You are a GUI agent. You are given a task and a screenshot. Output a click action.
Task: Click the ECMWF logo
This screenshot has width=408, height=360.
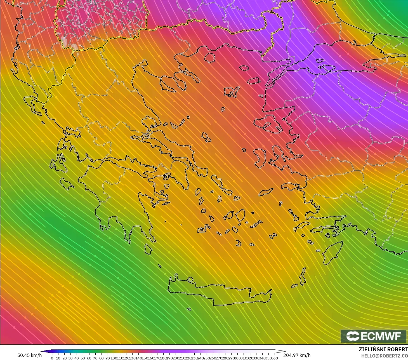click(x=374, y=336)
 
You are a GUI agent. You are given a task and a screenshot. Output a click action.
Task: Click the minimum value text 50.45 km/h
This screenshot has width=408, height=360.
click(x=29, y=355)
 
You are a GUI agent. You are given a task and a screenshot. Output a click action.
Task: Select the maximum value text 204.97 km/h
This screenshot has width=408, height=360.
click(x=297, y=355)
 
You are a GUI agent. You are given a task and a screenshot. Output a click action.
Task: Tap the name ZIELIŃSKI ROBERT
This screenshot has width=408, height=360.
click(x=383, y=349)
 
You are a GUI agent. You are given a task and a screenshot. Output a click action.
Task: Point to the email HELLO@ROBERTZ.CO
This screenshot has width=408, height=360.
click(x=384, y=355)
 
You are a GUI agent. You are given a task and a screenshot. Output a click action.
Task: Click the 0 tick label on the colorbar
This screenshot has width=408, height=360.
click(x=52, y=358)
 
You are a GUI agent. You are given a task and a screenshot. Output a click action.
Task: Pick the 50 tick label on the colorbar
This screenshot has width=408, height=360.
click(x=83, y=358)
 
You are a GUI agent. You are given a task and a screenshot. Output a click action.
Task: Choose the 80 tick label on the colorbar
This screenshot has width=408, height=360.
click(x=101, y=358)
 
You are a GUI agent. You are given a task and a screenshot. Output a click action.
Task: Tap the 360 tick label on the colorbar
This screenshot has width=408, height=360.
click(x=274, y=358)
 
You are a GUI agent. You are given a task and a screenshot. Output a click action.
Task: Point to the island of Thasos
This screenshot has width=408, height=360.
click(x=209, y=58)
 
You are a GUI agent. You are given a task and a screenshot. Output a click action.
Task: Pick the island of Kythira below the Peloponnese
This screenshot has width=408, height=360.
click(x=148, y=249)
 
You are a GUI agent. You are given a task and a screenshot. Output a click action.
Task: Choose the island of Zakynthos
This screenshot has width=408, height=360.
click(x=67, y=184)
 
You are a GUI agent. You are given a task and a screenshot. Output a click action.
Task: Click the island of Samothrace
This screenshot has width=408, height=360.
click(x=244, y=68)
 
